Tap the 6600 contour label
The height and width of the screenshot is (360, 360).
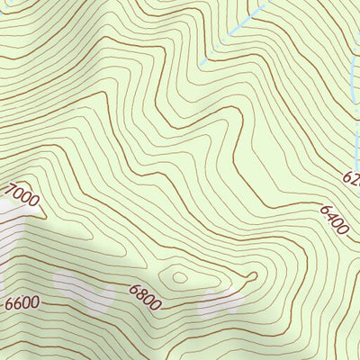22,302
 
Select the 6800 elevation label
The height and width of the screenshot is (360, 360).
144,297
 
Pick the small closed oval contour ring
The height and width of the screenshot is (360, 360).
178,276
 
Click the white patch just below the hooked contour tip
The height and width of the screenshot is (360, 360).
225,301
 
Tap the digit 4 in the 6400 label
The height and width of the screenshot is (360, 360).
329,217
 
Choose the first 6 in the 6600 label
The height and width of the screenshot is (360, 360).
9,304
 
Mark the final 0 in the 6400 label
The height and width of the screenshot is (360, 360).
343,230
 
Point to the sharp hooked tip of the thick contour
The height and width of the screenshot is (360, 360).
256,275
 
